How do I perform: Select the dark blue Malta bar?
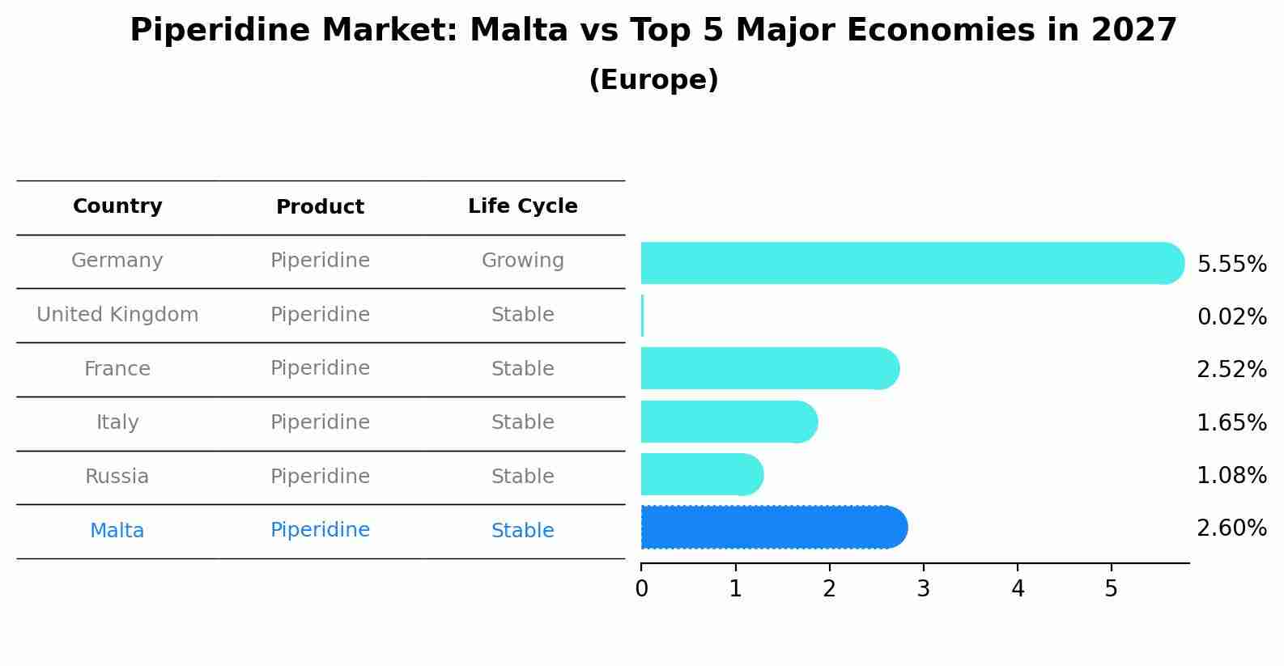[773, 528]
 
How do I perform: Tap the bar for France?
[769, 368]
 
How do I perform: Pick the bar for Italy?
[729, 422]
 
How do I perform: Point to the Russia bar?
[701, 474]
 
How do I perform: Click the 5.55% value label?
[1231, 265]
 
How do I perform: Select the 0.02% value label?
[1231, 317]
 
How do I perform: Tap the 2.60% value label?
[1231, 528]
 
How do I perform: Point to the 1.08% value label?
[1231, 476]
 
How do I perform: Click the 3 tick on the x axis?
[923, 589]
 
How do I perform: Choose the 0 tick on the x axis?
[641, 589]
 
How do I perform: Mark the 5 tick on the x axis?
[1111, 589]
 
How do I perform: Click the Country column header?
[117, 206]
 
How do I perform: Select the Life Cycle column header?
[522, 206]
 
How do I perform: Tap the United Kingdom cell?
[117, 315]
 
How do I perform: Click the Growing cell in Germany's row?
[522, 261]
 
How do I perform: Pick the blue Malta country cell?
[117, 531]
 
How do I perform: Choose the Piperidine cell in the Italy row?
[320, 422]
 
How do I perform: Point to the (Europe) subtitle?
[653, 80]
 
